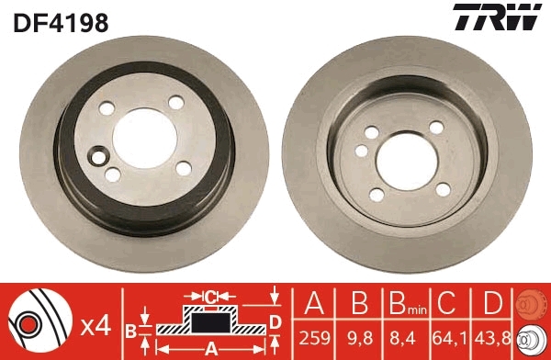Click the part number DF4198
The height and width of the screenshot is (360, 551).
click(61, 21)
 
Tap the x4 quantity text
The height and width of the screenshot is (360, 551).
click(95, 324)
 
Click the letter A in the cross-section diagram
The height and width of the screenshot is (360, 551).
click(209, 347)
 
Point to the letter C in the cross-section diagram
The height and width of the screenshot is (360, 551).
click(209, 296)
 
